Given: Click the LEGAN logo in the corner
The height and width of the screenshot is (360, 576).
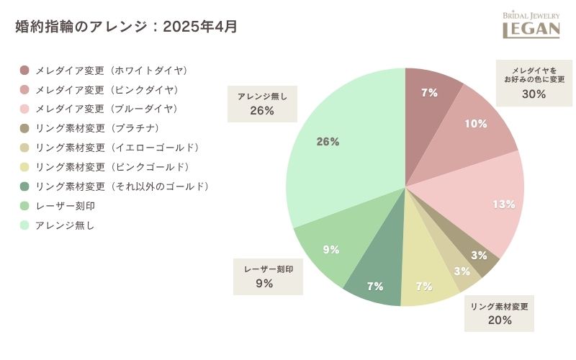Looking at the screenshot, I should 531,25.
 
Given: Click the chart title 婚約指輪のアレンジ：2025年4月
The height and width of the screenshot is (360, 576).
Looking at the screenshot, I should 126,27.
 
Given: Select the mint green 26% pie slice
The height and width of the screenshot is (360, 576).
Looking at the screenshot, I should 338,151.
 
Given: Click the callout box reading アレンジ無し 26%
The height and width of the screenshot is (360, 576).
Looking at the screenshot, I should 262,104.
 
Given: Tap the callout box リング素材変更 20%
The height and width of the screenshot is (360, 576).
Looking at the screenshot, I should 499,313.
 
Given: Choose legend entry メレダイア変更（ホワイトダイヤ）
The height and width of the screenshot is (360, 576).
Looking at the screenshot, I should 111,71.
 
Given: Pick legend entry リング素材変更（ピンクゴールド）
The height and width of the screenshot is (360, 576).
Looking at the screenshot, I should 111,167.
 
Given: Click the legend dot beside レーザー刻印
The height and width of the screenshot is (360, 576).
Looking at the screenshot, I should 24,206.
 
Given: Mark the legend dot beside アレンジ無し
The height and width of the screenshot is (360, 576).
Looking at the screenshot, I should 24,225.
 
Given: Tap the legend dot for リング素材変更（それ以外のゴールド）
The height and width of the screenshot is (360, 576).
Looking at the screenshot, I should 24,186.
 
